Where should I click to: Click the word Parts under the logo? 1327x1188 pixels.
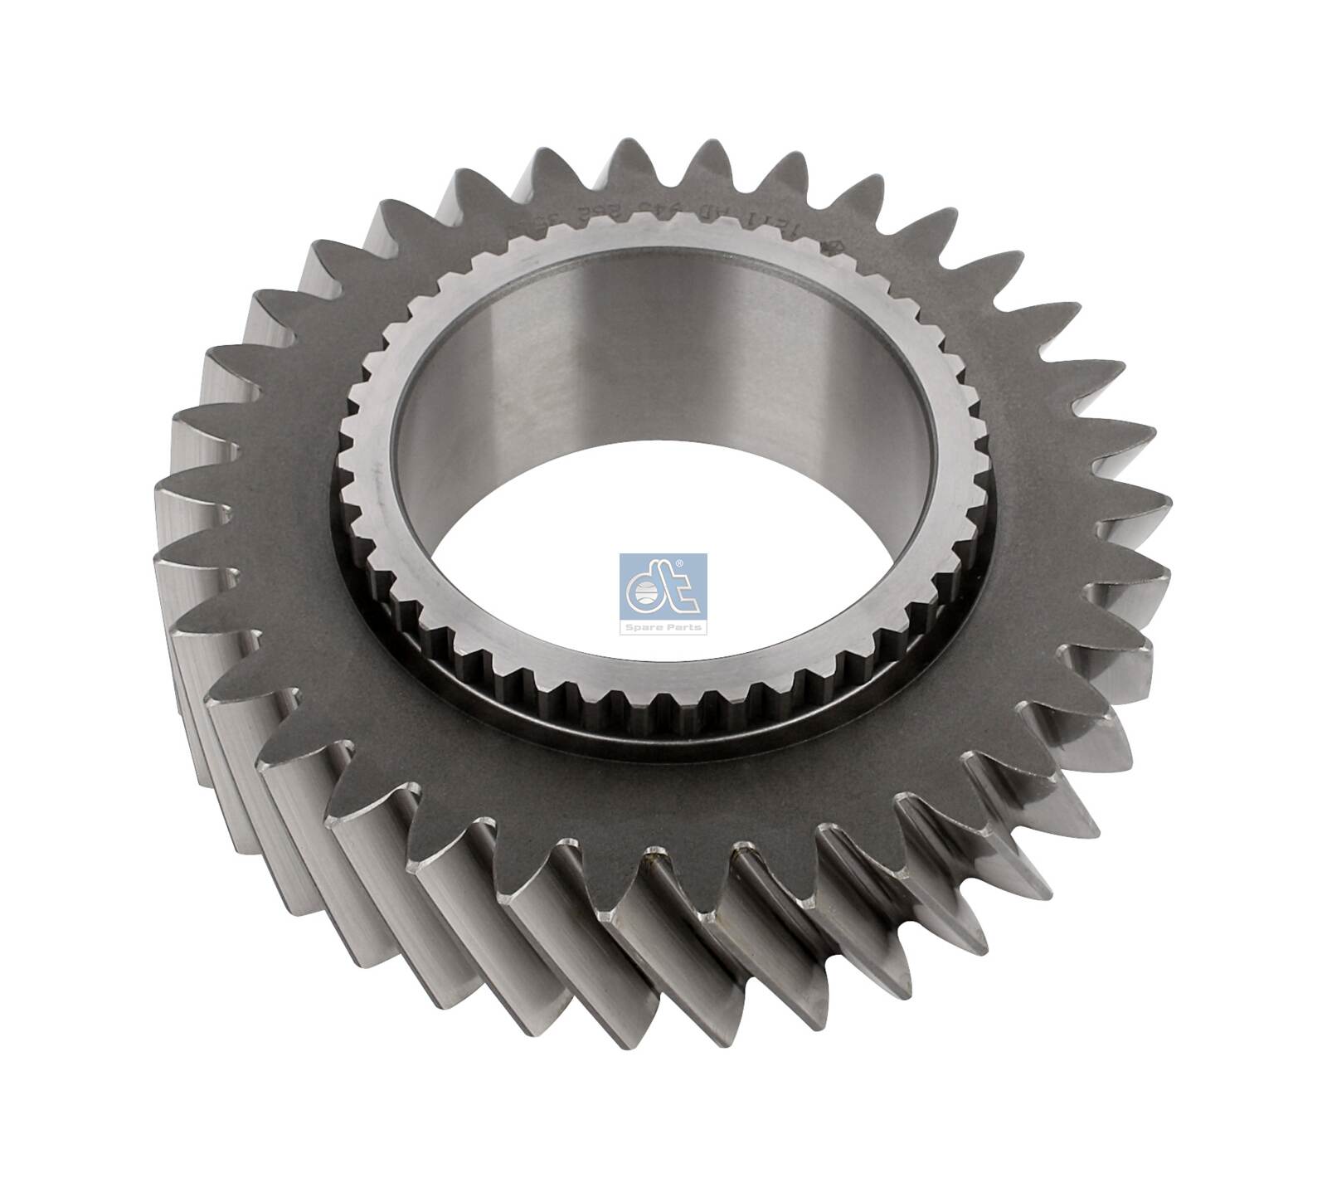(683, 627)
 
